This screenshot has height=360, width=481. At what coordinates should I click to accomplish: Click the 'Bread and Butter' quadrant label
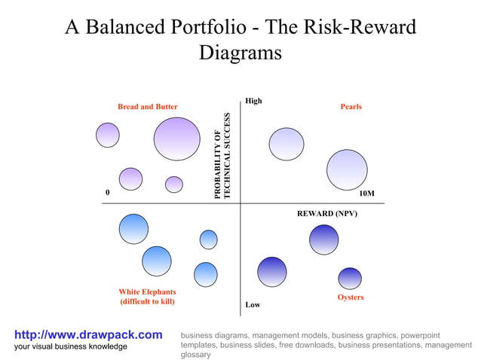tap(147, 107)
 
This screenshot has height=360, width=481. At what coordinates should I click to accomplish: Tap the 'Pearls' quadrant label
tap(351, 107)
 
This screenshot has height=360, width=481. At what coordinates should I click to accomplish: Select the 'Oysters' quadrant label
tap(351, 297)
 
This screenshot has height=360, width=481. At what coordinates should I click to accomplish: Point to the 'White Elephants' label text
tap(147, 292)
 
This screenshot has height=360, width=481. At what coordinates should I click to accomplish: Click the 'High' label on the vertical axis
tap(253, 101)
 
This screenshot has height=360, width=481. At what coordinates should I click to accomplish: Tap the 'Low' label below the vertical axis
tap(253, 305)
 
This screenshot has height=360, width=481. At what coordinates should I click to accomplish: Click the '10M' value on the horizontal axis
tap(367, 194)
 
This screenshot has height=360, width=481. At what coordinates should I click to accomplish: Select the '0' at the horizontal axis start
tap(107, 192)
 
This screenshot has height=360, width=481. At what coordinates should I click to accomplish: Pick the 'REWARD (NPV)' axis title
tap(327, 214)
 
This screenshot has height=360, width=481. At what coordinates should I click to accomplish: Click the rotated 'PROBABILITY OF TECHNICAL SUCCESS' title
tap(222, 156)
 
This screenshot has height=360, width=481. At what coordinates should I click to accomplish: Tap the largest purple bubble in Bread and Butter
tap(176, 139)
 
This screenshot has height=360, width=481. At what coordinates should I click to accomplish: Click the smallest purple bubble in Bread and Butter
tap(174, 185)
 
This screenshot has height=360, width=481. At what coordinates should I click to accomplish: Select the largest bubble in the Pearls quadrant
tap(347, 169)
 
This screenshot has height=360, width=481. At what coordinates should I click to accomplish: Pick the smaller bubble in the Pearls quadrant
tap(286, 144)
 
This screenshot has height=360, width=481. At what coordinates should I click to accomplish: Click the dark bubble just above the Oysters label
tap(350, 278)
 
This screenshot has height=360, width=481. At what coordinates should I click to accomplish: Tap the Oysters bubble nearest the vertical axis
tap(272, 272)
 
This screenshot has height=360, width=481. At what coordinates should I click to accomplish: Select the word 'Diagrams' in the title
tap(240, 53)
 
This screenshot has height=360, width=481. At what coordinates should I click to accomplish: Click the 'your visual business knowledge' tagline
tap(71, 346)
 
